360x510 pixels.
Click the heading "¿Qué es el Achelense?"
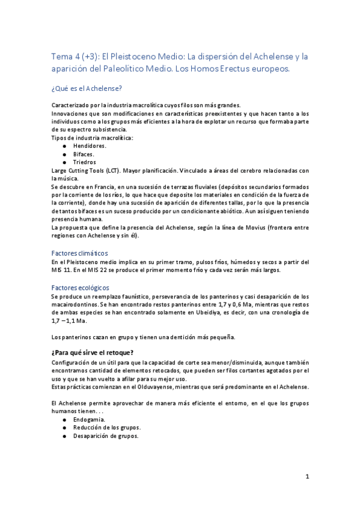pyautogui.click(x=87, y=88)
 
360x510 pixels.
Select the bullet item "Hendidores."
pyautogui.click(x=90, y=146)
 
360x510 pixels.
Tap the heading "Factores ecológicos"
pyautogui.click(x=79, y=287)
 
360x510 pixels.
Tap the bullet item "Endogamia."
pyautogui.click(x=90, y=419)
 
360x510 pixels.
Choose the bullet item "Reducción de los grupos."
pyautogui.click(x=106, y=428)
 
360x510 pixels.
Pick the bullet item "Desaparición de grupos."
pyautogui.click(x=106, y=436)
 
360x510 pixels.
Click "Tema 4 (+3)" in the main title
pyautogui.click(x=75, y=57)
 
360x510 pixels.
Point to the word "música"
pyautogui.click(x=63, y=179)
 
